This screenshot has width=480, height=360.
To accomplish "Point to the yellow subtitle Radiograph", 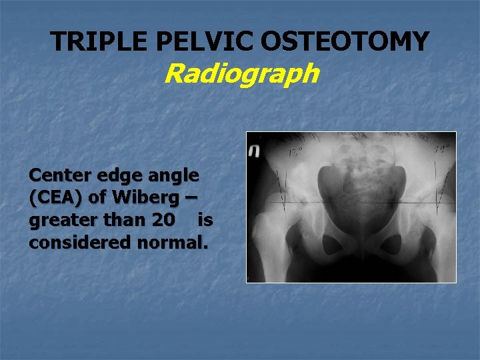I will tap(241, 73).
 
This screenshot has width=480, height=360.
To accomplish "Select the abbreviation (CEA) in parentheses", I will tap(55, 198).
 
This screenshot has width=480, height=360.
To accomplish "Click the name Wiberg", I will tap(148, 198).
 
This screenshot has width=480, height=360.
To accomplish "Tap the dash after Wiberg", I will tap(192, 198).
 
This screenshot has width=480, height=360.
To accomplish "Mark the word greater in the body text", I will tap(58, 221).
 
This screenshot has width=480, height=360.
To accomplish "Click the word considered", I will tap(76, 242).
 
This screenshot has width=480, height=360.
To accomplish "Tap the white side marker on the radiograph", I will tap(253, 151).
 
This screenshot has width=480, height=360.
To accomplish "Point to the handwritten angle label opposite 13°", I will tap(441, 149).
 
